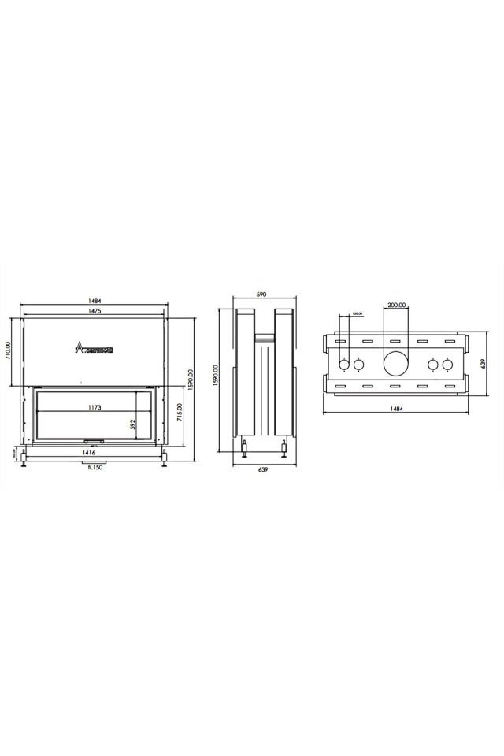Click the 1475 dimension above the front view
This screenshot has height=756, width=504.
tap(94, 313)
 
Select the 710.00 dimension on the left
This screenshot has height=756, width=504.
tap(9, 350)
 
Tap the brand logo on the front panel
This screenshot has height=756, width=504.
tap(94, 347)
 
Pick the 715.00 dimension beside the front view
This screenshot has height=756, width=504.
tap(180, 413)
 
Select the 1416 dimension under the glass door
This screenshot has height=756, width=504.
tap(87, 454)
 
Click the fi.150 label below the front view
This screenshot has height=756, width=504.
tap(94, 467)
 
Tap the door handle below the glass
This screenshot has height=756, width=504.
tap(94, 442)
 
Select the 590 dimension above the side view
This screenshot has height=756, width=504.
tap(261, 295)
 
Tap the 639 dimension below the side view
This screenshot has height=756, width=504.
tap(262, 469)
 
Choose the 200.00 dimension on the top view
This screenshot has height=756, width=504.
tap(396, 305)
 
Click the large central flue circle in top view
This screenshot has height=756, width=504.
tap(396, 364)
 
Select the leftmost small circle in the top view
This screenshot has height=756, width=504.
tap(344, 365)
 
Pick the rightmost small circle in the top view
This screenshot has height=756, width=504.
tap(448, 365)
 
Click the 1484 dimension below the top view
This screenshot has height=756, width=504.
tap(396, 409)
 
